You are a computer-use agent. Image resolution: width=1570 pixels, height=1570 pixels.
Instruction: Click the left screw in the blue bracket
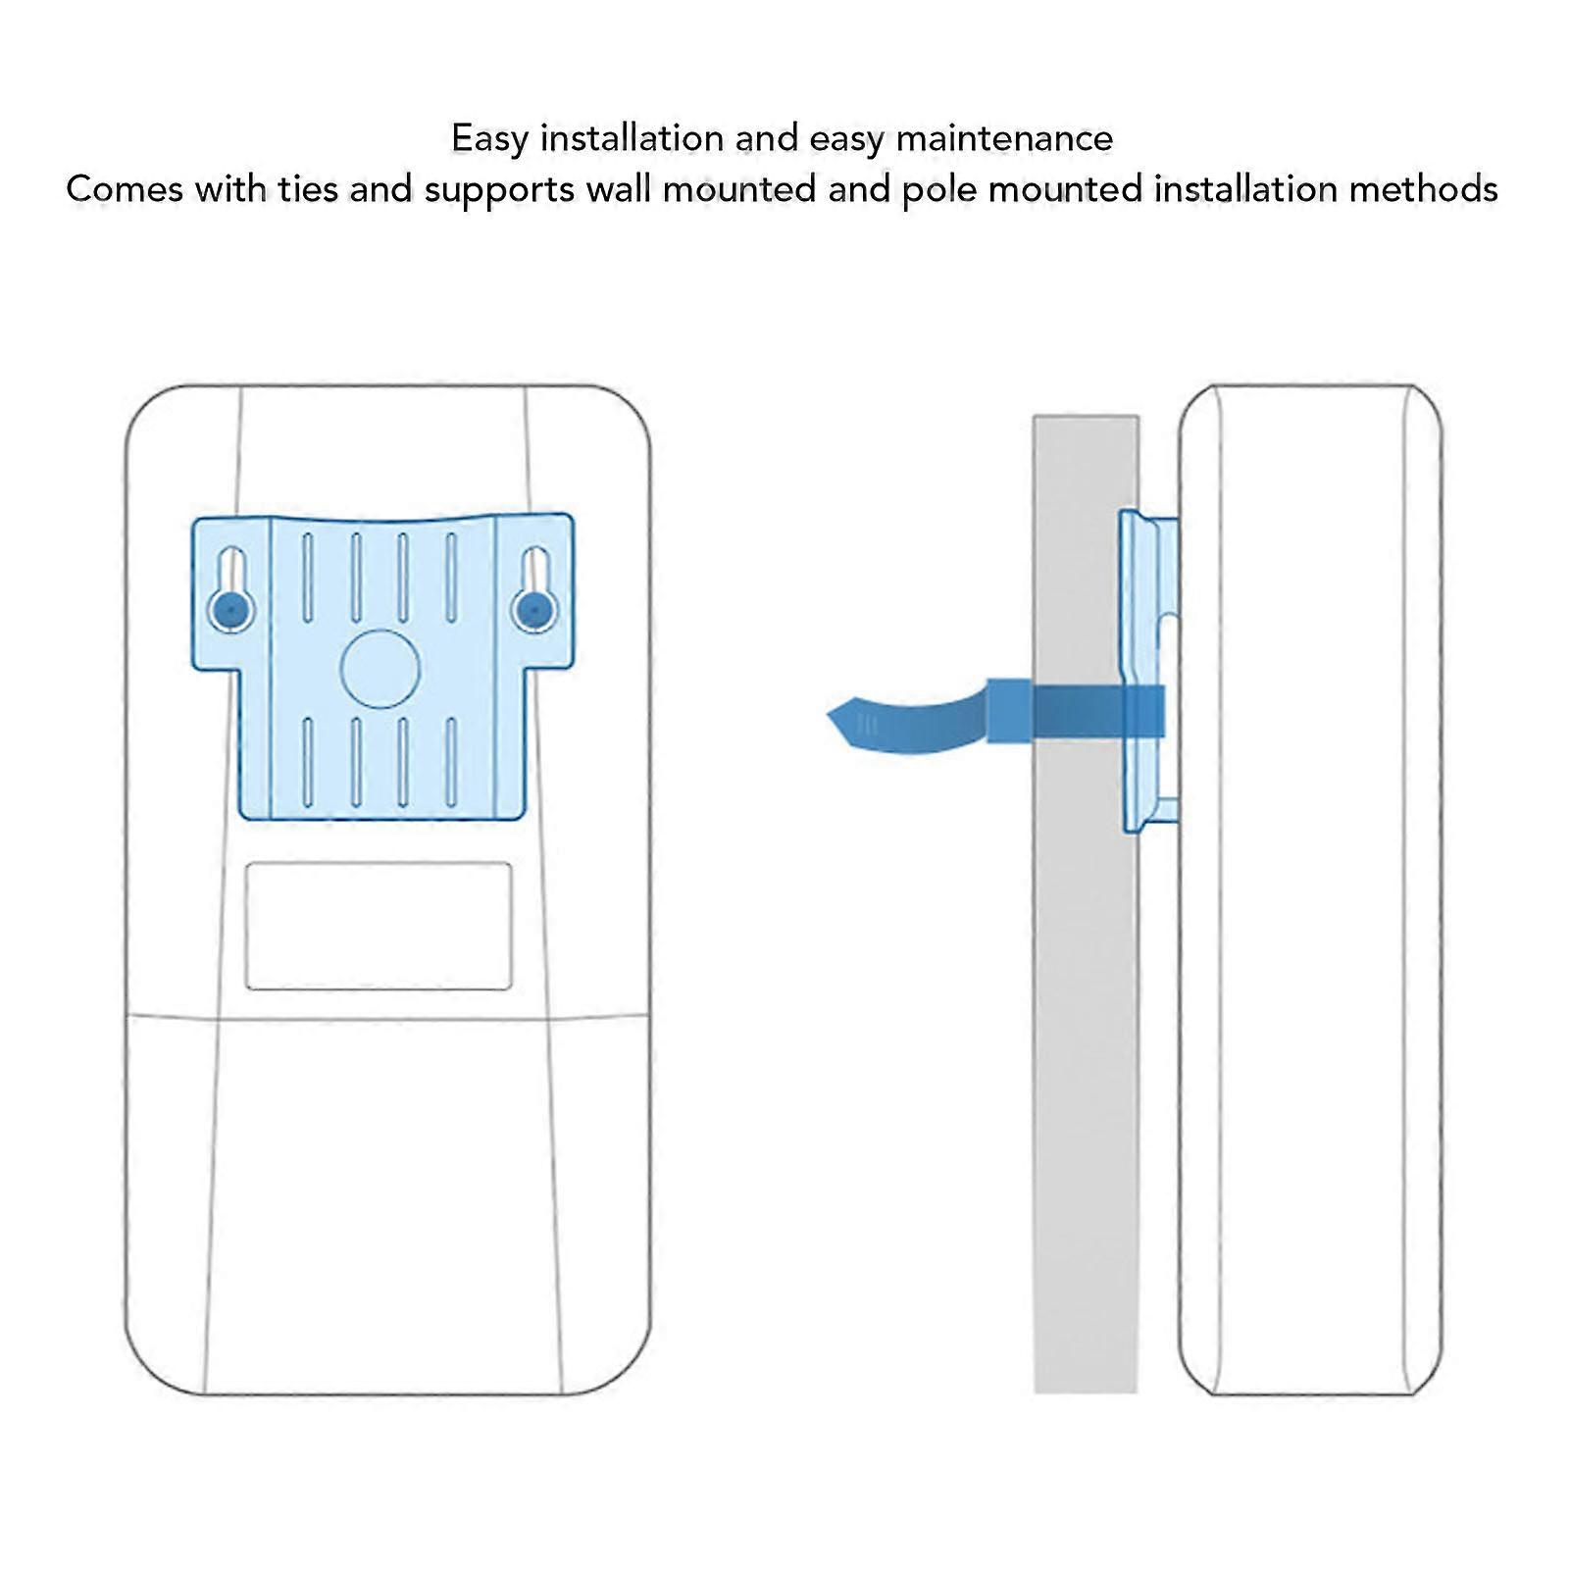pos(230,610)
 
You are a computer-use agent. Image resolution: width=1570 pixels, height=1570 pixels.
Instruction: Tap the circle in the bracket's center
pos(380,668)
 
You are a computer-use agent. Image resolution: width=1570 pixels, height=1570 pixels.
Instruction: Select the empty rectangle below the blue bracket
pos(379,926)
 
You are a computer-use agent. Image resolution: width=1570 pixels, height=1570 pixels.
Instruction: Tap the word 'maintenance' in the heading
pos(1004,138)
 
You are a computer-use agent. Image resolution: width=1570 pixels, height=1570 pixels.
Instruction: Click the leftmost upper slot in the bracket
pos(308,578)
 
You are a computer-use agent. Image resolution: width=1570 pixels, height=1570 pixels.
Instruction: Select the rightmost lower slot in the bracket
pos(451,762)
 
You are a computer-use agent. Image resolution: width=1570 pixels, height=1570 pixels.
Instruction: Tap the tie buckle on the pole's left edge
pos(1010,710)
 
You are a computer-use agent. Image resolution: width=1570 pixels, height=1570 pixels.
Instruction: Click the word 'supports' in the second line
pos(499,188)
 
